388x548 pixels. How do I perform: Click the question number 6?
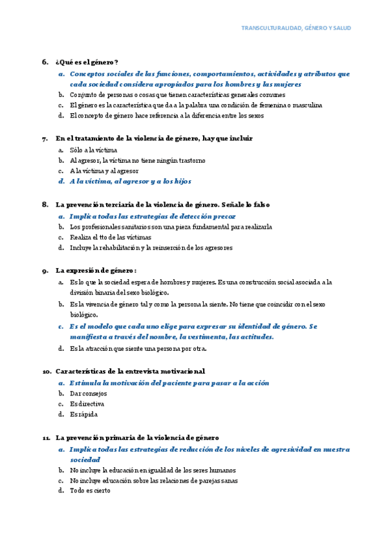[45, 62]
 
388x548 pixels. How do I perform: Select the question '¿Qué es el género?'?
[87, 62]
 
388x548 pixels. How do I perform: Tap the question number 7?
[45, 138]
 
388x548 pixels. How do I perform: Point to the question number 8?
[45, 204]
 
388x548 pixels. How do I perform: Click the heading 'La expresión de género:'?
[96, 270]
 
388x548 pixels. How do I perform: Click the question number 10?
[47, 372]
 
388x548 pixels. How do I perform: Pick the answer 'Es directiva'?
[87, 403]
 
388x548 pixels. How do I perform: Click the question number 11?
[47, 437]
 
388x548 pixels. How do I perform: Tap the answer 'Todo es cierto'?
[90, 490]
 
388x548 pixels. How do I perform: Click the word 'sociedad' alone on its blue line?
[86, 459]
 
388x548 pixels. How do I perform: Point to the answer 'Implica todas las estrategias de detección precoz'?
[153, 216]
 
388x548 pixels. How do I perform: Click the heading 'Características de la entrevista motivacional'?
[130, 372]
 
